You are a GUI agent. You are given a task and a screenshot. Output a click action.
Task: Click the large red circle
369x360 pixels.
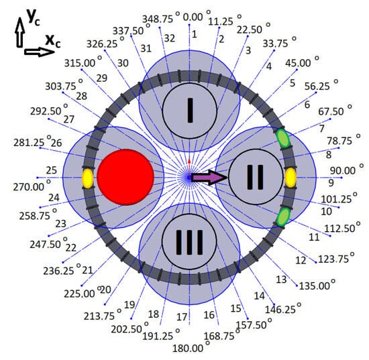125,177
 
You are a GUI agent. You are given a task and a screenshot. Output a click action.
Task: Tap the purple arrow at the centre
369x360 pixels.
208,178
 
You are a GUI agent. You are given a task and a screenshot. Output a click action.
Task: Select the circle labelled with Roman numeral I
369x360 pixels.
190,111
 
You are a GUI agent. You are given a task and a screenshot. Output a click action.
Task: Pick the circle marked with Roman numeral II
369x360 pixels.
256,177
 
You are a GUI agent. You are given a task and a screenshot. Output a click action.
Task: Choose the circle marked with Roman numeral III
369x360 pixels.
189,241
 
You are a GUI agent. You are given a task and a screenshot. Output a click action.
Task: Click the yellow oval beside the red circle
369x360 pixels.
88,178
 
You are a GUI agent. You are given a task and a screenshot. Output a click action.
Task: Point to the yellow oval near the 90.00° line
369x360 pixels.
291,178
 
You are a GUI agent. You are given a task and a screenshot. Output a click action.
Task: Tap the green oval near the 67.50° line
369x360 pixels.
282,138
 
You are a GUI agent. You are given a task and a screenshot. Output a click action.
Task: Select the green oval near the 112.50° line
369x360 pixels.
282,217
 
